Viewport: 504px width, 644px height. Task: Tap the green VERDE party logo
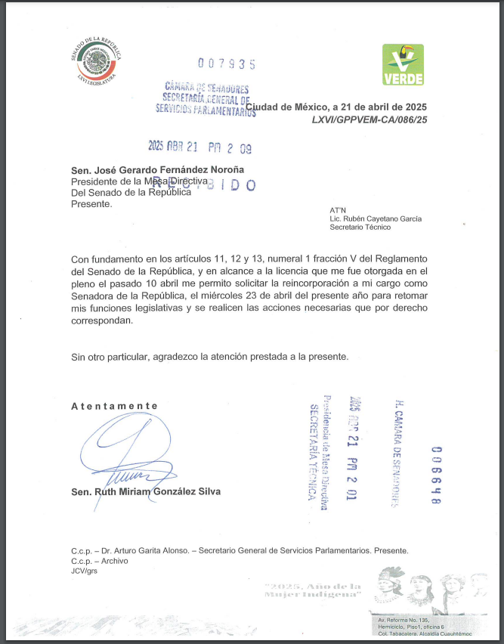tap(403, 64)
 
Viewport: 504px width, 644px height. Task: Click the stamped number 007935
tap(227, 64)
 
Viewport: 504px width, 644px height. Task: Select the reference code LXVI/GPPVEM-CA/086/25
tap(369, 119)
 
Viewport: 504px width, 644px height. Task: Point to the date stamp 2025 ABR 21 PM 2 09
tap(199, 149)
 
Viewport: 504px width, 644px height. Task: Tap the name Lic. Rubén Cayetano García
tap(376, 218)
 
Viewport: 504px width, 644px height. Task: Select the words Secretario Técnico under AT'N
tap(360, 227)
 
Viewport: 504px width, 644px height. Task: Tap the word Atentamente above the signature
tap(115, 406)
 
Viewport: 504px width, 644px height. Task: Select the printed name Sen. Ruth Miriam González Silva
tap(146, 492)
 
